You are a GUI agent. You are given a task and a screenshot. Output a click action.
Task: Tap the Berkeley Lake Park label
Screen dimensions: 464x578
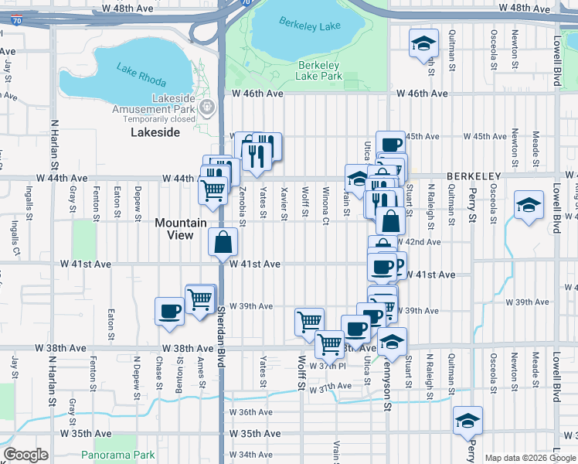[x=319, y=71]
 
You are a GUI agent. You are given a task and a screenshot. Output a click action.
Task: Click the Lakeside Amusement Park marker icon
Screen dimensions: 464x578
[x=206, y=108]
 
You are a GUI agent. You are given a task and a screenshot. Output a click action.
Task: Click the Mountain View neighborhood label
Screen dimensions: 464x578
[x=181, y=228]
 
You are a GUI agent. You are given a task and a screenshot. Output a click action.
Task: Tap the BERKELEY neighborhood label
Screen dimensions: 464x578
[x=474, y=176]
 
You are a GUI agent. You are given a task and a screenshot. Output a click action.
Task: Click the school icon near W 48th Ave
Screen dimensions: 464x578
[x=423, y=43]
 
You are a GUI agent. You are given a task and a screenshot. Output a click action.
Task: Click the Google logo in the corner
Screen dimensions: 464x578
[x=26, y=455]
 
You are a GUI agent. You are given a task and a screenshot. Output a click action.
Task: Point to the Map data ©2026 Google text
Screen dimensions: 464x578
[x=530, y=458]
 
